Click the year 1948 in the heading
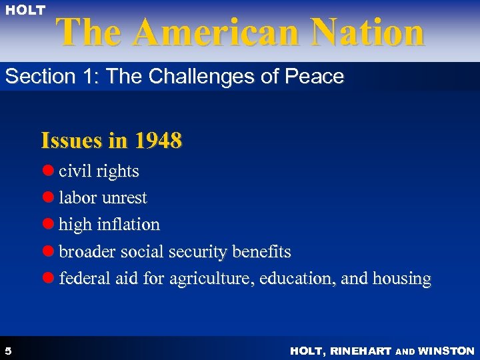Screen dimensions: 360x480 pos(158,141)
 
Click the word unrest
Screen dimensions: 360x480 pos(125,198)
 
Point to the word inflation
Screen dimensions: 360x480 pos(127,225)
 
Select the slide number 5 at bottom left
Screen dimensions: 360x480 pos(7,351)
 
